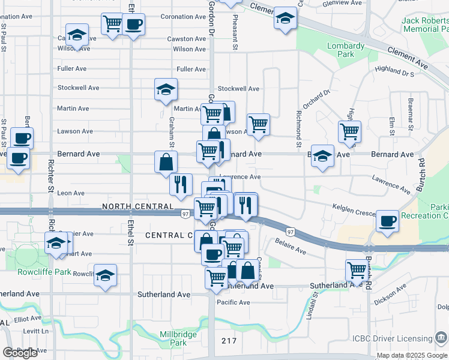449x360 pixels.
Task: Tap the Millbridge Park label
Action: (174, 338)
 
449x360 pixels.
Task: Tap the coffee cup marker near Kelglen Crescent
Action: (387, 221)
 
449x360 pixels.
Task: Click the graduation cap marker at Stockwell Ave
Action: (166, 89)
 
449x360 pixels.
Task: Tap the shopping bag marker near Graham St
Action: (166, 161)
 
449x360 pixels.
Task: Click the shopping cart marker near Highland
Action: (349, 130)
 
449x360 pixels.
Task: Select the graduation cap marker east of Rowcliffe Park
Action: (105, 275)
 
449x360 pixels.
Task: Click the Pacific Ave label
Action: (234, 302)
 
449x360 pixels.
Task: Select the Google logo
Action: (20, 353)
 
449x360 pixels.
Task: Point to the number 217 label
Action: (229, 341)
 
